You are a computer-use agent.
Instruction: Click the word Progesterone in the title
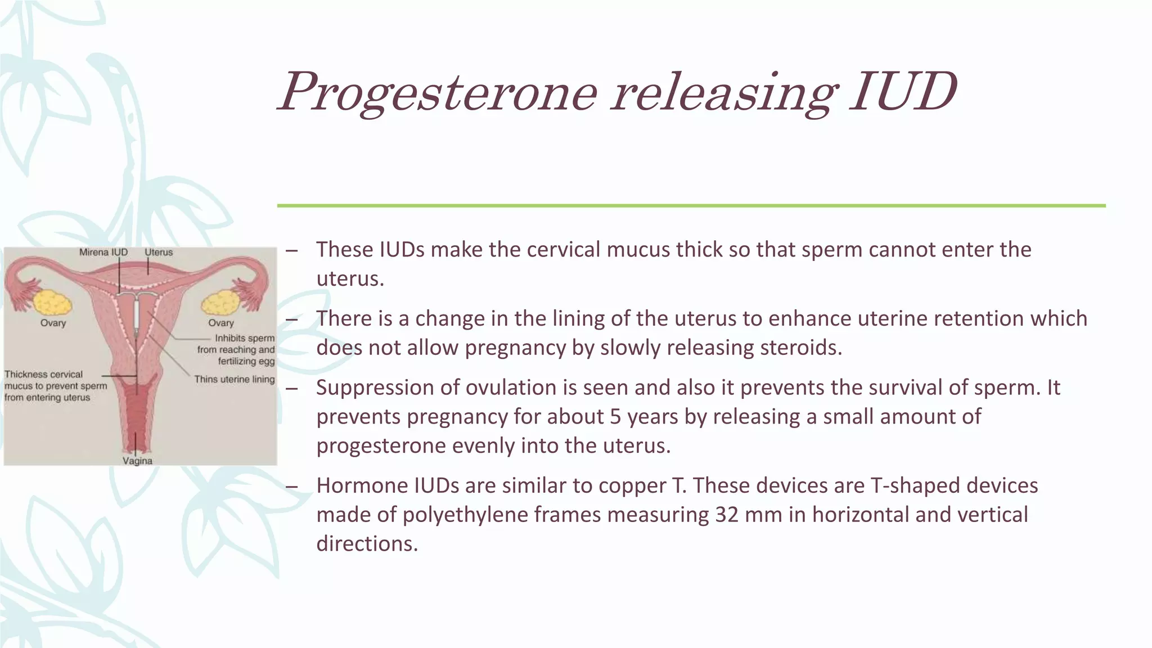point(438,93)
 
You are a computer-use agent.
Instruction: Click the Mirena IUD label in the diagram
point(103,253)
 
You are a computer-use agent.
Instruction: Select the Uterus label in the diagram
point(159,253)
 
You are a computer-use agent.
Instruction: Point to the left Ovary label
point(53,323)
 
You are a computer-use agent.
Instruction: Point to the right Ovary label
point(221,323)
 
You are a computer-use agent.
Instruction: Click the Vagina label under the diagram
point(138,461)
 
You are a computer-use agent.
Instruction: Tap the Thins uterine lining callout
point(235,380)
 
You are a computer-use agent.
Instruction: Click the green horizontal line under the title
point(691,206)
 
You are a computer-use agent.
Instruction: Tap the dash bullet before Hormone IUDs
point(291,486)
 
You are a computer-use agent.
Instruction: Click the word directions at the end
point(366,544)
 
